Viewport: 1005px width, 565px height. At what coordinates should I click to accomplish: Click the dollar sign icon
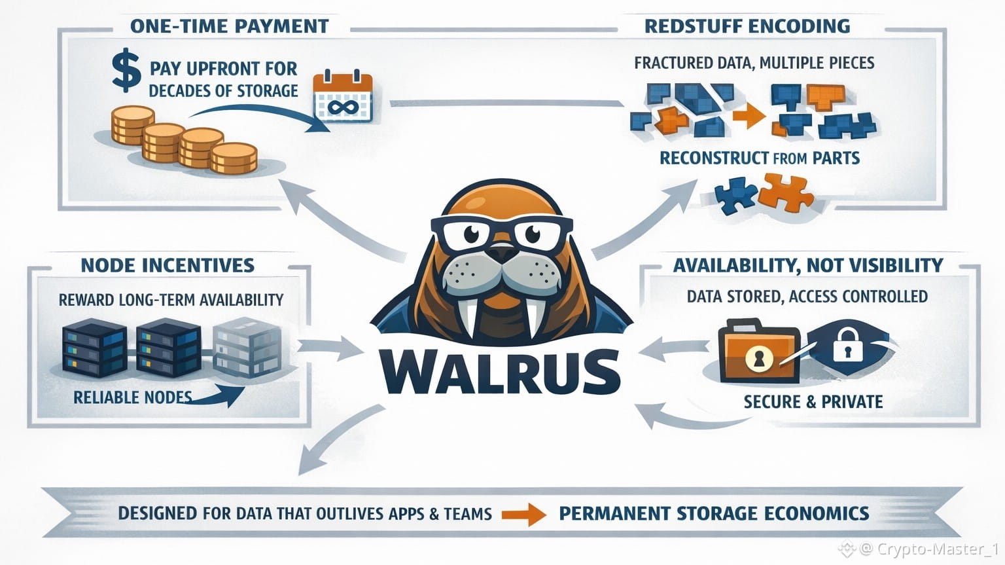[x=126, y=71]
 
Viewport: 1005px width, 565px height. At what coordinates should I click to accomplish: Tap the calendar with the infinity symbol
[x=343, y=98]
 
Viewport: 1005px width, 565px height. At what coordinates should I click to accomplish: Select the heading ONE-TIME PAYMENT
[x=229, y=26]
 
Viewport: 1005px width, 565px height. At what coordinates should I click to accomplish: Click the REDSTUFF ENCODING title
[x=747, y=26]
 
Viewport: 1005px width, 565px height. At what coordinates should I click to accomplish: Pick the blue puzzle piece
[x=735, y=194]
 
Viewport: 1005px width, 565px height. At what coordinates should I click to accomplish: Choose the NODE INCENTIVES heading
[x=167, y=265]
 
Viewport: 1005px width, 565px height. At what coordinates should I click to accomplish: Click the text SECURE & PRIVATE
[x=813, y=401]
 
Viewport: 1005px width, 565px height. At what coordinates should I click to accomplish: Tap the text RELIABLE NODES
[x=132, y=397]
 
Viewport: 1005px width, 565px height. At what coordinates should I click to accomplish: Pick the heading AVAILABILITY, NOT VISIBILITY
[x=808, y=265]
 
